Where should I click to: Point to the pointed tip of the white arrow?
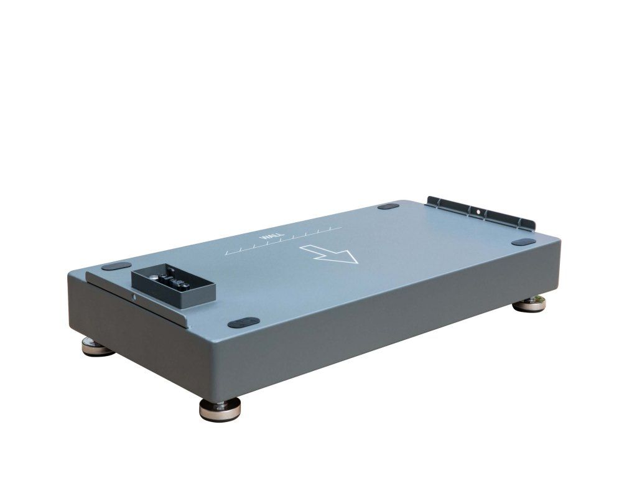coord(357,263)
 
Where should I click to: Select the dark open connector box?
coord(173,285)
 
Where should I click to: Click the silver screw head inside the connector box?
coord(154,277)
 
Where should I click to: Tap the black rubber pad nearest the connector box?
coord(116,266)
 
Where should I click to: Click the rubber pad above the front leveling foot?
coord(244,322)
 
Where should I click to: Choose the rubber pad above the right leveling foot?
coord(524,242)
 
